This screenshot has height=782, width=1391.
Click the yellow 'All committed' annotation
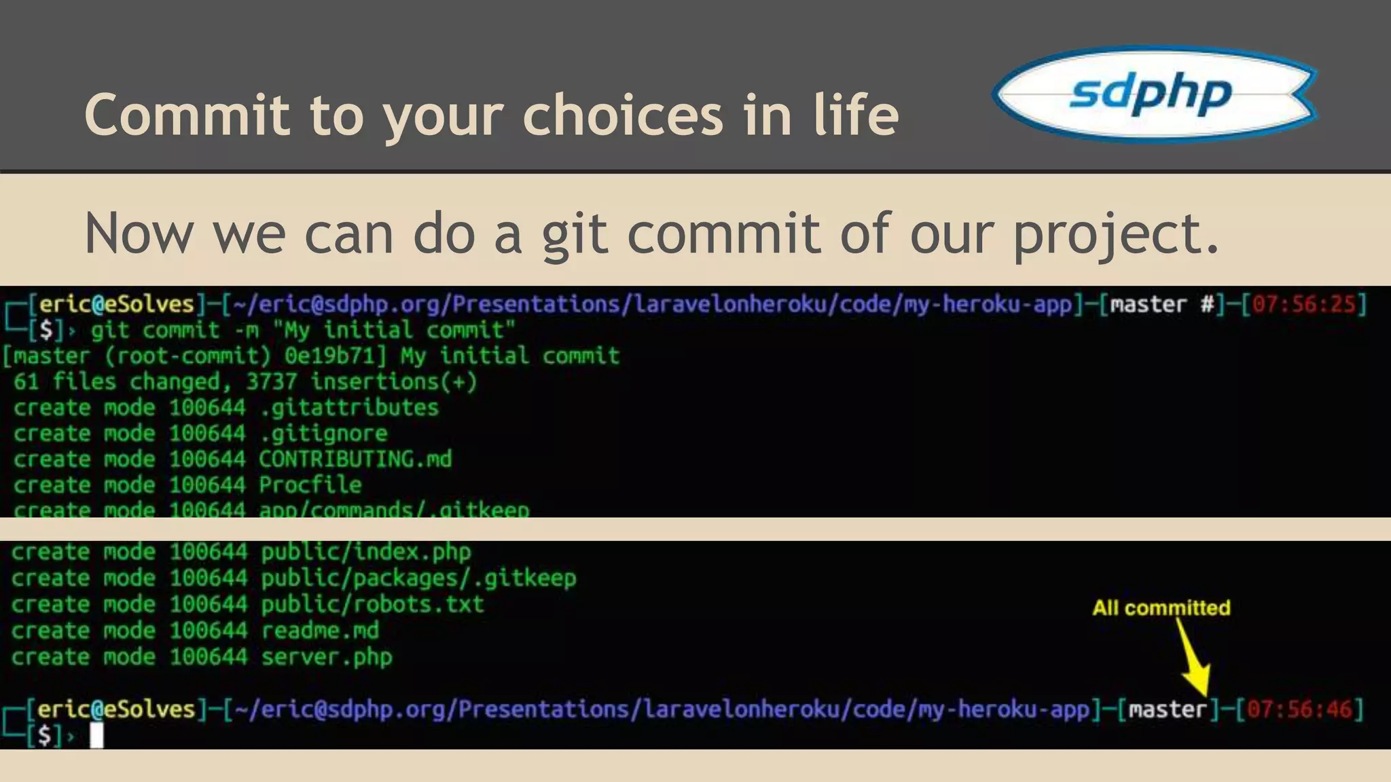1161,608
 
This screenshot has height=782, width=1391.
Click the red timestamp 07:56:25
1304,304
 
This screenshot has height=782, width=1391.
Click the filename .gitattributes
349,408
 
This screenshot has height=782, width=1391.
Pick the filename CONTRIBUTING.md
355,460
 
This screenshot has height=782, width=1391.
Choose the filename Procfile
310,485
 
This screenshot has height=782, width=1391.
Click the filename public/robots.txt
372,604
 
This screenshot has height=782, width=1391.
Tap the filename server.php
327,657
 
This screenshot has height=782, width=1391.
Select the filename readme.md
320,631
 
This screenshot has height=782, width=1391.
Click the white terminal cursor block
97,735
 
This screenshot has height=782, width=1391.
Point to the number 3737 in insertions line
271,381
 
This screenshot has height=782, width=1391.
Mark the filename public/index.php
365,552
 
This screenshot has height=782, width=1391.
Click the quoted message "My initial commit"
393,331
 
